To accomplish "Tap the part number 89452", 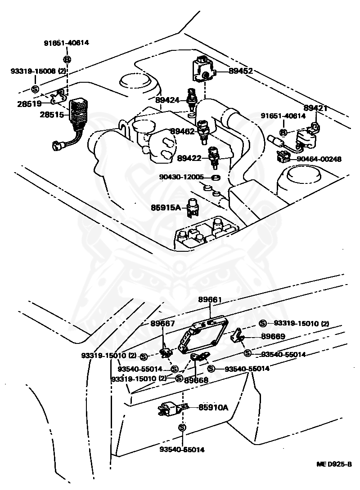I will click(x=240, y=71).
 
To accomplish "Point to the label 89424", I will click(x=168, y=100).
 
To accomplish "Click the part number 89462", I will click(x=182, y=131).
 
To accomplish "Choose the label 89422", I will click(x=189, y=158).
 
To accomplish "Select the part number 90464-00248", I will click(x=319, y=159).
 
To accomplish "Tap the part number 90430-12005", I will click(x=181, y=177).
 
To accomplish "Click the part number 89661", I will click(x=210, y=300).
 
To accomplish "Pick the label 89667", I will click(x=162, y=323).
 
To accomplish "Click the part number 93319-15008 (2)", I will click(x=38, y=71).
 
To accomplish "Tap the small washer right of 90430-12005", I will click(x=215, y=177).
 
